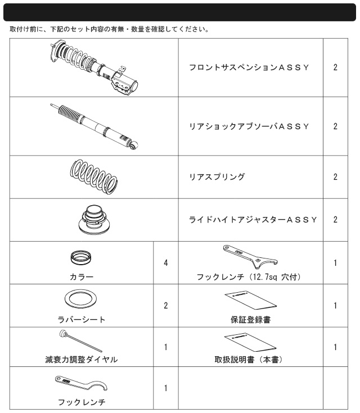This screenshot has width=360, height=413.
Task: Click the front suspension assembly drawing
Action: (93, 67)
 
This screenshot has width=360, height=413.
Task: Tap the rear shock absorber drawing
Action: (94, 126)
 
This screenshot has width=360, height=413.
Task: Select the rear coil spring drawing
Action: (94, 177)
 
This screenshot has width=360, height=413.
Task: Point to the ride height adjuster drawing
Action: (94, 219)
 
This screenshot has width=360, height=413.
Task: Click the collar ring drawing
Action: (81, 257)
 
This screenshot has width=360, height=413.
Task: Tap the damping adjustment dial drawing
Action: (80, 341)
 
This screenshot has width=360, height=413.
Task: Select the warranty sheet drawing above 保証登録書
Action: (250, 300)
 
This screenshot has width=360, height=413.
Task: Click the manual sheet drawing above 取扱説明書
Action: (250, 342)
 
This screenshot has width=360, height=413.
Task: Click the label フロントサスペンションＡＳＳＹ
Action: (249, 67)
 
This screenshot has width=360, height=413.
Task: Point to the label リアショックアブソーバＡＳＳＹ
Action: (249, 126)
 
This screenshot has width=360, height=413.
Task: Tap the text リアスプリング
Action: (217, 177)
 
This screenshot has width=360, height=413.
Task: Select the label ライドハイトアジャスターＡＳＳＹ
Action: (253, 220)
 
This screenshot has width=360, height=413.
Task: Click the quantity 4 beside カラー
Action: (165, 262)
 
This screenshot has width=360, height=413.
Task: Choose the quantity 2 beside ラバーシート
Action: (165, 306)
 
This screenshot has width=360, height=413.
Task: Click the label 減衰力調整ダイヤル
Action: (81, 360)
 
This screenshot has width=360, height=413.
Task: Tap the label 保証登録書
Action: (250, 320)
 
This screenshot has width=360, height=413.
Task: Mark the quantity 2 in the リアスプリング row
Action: (335, 177)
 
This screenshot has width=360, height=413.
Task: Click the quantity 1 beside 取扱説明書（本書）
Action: (335, 347)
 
